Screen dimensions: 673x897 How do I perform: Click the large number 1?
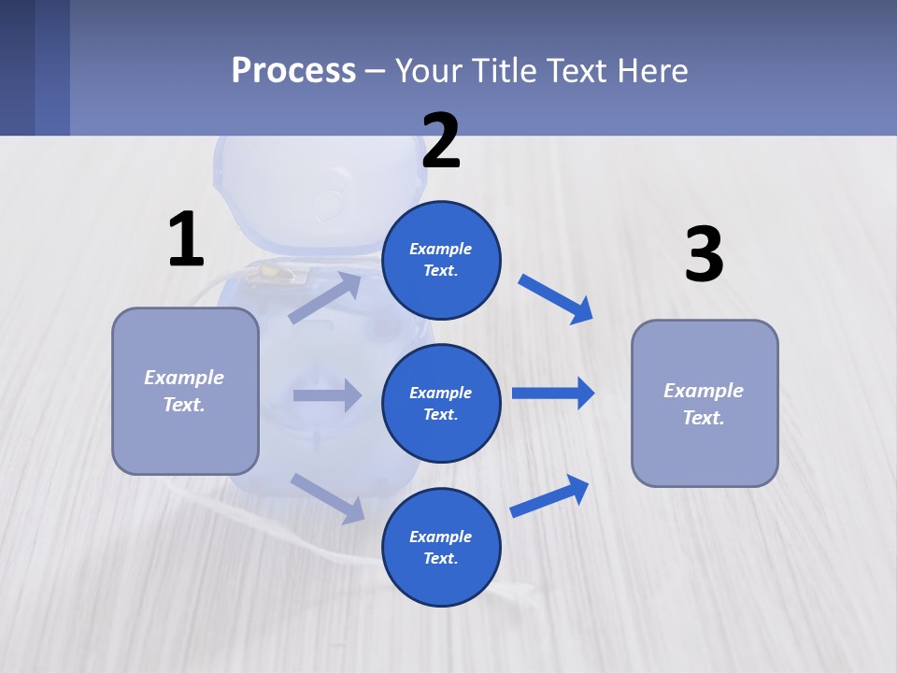186,239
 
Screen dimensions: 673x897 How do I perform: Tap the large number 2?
441,140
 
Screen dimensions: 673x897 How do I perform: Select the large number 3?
704,254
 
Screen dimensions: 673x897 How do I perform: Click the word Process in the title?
293,70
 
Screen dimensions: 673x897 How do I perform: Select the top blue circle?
441,260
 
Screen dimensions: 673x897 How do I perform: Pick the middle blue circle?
441,403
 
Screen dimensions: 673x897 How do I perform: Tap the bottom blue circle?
441,547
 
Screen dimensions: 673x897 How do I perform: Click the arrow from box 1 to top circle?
325,297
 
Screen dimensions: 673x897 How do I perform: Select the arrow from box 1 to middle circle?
327,395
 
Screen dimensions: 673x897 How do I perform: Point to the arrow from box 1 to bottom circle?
327,497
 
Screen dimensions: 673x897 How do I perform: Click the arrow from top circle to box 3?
556,298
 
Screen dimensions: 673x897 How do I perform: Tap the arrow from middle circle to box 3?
553,394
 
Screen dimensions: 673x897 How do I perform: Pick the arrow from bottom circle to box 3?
549,495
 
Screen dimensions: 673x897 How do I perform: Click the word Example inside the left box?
184,378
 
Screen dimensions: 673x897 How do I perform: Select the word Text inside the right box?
703,418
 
